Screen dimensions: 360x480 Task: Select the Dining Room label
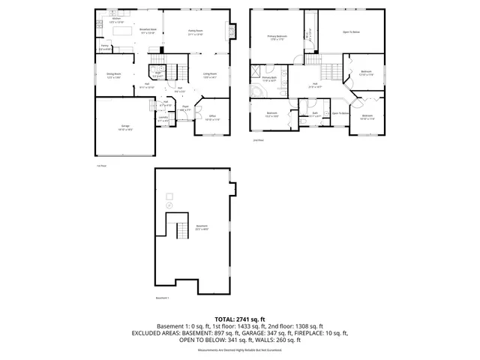click(114, 76)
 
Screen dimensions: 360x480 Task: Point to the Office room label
click(212, 117)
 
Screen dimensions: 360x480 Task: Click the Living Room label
click(209, 75)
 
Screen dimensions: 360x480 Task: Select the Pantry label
click(106, 48)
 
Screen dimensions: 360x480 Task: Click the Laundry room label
click(163, 119)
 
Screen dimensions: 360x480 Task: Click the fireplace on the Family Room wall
click(232, 31)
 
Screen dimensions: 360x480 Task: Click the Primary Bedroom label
click(278, 37)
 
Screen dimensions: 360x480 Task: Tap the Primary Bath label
click(270, 79)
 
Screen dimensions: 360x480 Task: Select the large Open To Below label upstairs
click(352, 32)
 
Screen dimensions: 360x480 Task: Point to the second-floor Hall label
click(316, 85)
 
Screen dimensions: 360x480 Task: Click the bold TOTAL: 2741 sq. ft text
click(240, 319)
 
